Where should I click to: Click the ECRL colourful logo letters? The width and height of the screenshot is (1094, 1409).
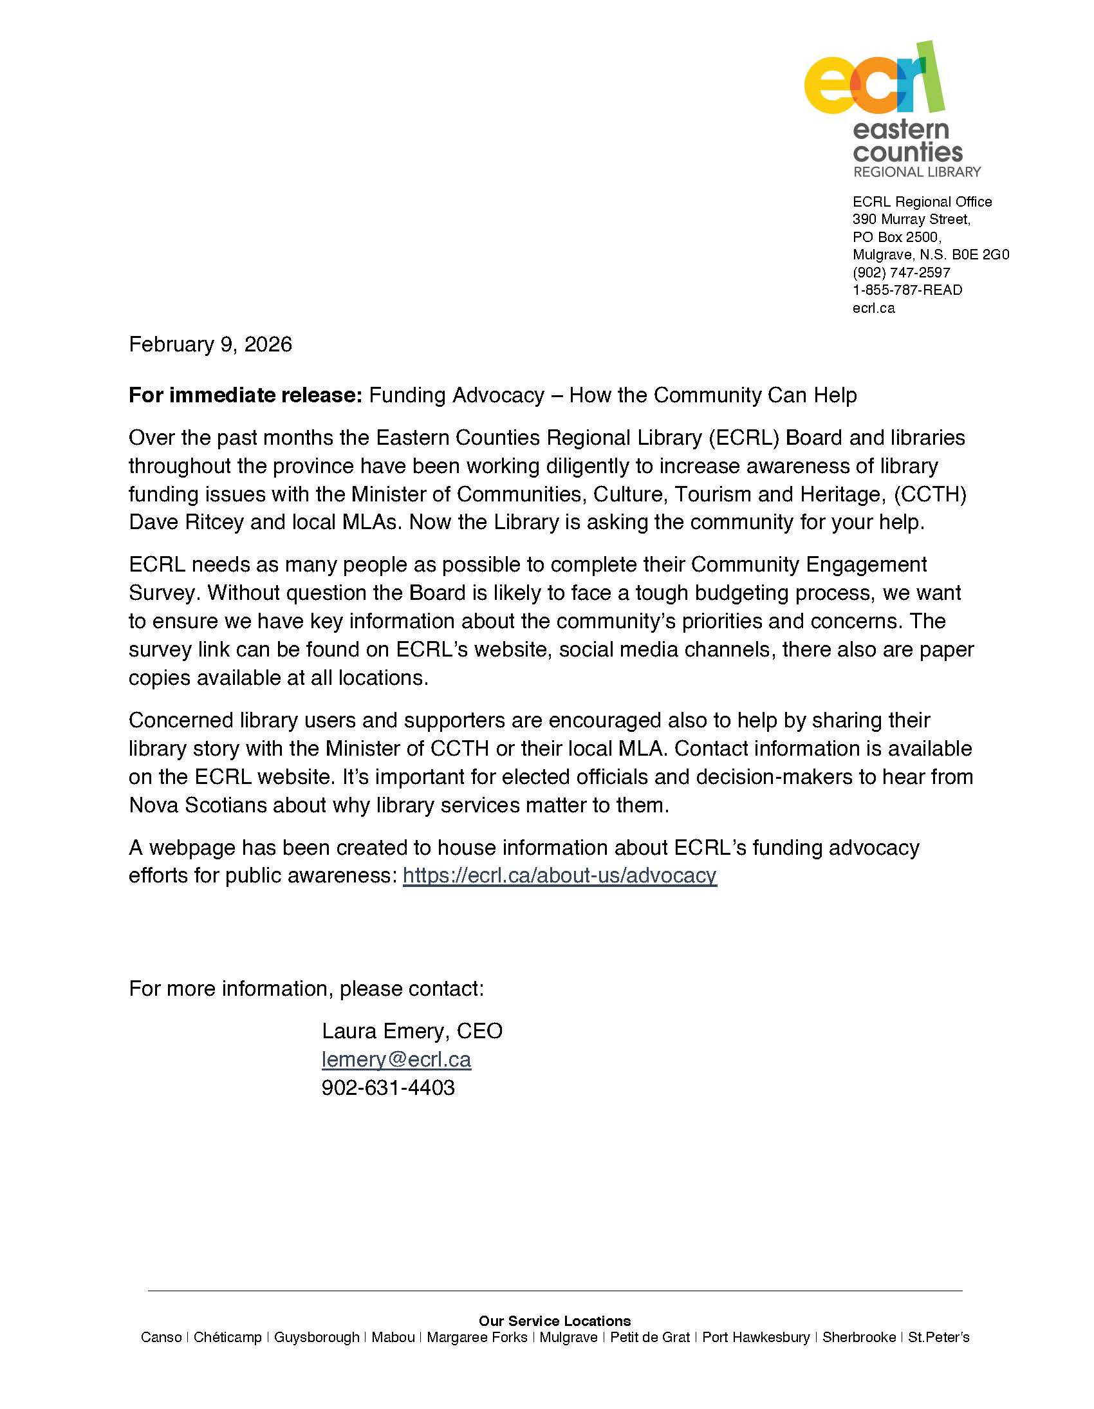click(x=873, y=80)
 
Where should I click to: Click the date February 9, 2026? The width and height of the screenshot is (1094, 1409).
click(x=210, y=344)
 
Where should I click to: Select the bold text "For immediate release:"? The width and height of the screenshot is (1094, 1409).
click(x=246, y=395)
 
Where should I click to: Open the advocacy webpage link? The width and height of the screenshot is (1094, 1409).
click(x=559, y=875)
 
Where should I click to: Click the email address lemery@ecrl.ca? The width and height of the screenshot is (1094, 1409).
click(x=396, y=1059)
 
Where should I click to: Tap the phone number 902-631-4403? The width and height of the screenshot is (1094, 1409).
click(x=387, y=1088)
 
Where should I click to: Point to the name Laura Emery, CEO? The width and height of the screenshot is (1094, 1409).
click(x=412, y=1031)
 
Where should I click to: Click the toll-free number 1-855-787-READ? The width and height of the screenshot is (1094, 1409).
click(x=907, y=290)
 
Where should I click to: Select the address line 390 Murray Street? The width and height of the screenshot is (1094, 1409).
click(x=911, y=219)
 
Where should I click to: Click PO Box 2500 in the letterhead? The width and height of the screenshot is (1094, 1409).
click(x=896, y=237)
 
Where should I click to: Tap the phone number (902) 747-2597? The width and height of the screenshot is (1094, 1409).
click(x=901, y=272)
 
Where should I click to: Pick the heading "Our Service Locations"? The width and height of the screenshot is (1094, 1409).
click(x=555, y=1321)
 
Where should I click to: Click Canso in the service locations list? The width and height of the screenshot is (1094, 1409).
click(x=162, y=1338)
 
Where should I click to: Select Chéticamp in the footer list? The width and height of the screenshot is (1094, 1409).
click(x=228, y=1338)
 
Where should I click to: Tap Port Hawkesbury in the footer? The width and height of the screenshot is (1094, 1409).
click(x=756, y=1338)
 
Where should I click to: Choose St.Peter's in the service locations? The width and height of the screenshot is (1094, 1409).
click(x=938, y=1338)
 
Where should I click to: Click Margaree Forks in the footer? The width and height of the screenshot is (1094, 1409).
click(x=477, y=1338)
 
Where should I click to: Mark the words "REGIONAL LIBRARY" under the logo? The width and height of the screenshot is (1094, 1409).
click(x=916, y=173)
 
